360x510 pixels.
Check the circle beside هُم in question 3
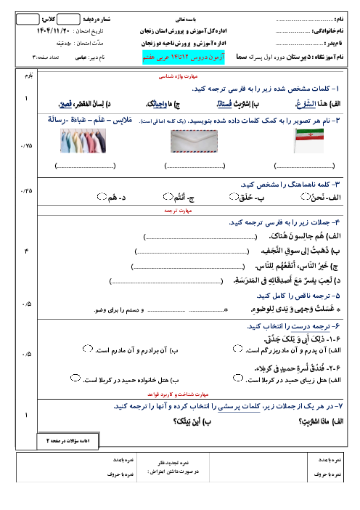pyautogui.click(x=101, y=196)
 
